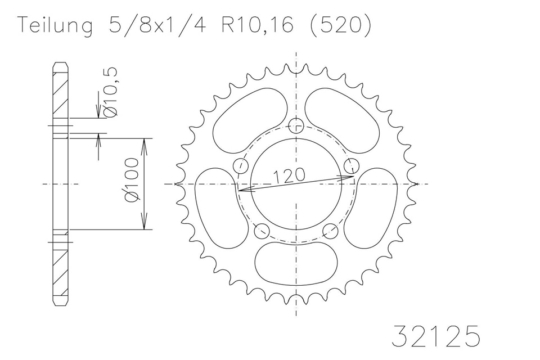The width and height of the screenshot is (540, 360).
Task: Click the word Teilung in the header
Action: click(55, 25)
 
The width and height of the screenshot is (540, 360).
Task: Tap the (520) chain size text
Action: click(341, 25)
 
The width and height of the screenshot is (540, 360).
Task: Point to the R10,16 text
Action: click(257, 25)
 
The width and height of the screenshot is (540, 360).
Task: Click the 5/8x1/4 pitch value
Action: click(157, 25)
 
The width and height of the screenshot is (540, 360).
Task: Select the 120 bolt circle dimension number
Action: click(289, 175)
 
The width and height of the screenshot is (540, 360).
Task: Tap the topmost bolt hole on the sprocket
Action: click(296, 125)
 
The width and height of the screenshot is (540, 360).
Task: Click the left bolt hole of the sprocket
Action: click(240, 166)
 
